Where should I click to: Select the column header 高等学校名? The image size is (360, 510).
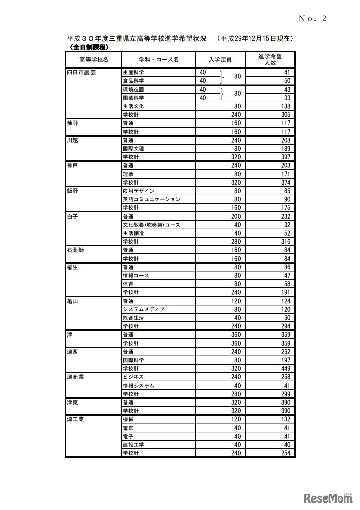pos(94,60)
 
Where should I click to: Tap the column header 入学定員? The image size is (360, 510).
pos(220,60)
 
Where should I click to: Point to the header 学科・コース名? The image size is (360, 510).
pos(158,60)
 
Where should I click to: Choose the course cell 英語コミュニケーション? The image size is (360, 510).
pos(151,199)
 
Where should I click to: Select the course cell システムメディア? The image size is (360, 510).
pos(144,309)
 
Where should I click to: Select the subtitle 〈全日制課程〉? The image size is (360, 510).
pos(89,47)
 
